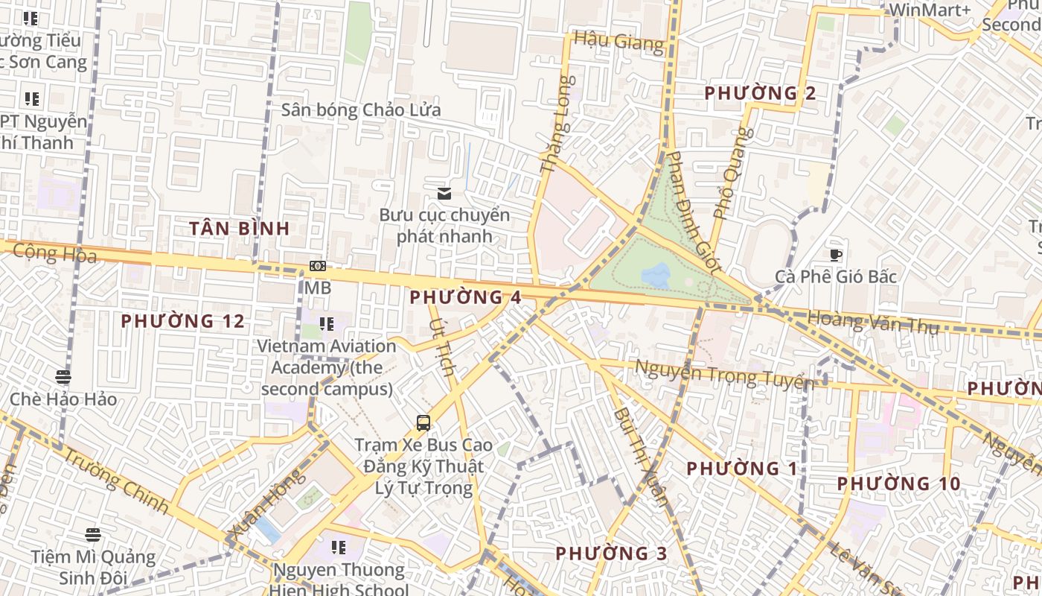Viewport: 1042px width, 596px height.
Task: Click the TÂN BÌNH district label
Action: point(239,229)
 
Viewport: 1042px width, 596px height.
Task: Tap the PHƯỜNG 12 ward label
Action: point(182,321)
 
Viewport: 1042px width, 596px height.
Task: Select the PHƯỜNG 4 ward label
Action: point(465,297)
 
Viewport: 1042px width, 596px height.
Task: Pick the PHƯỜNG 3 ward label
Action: point(611,554)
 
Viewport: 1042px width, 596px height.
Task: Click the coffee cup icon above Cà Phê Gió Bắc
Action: point(836,255)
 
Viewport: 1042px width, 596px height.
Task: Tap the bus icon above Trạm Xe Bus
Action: point(423,423)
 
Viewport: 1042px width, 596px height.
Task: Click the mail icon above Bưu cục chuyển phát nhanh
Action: point(444,194)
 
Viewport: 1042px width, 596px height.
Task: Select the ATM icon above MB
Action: point(318,266)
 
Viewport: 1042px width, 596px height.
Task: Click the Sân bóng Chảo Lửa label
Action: point(361,110)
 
